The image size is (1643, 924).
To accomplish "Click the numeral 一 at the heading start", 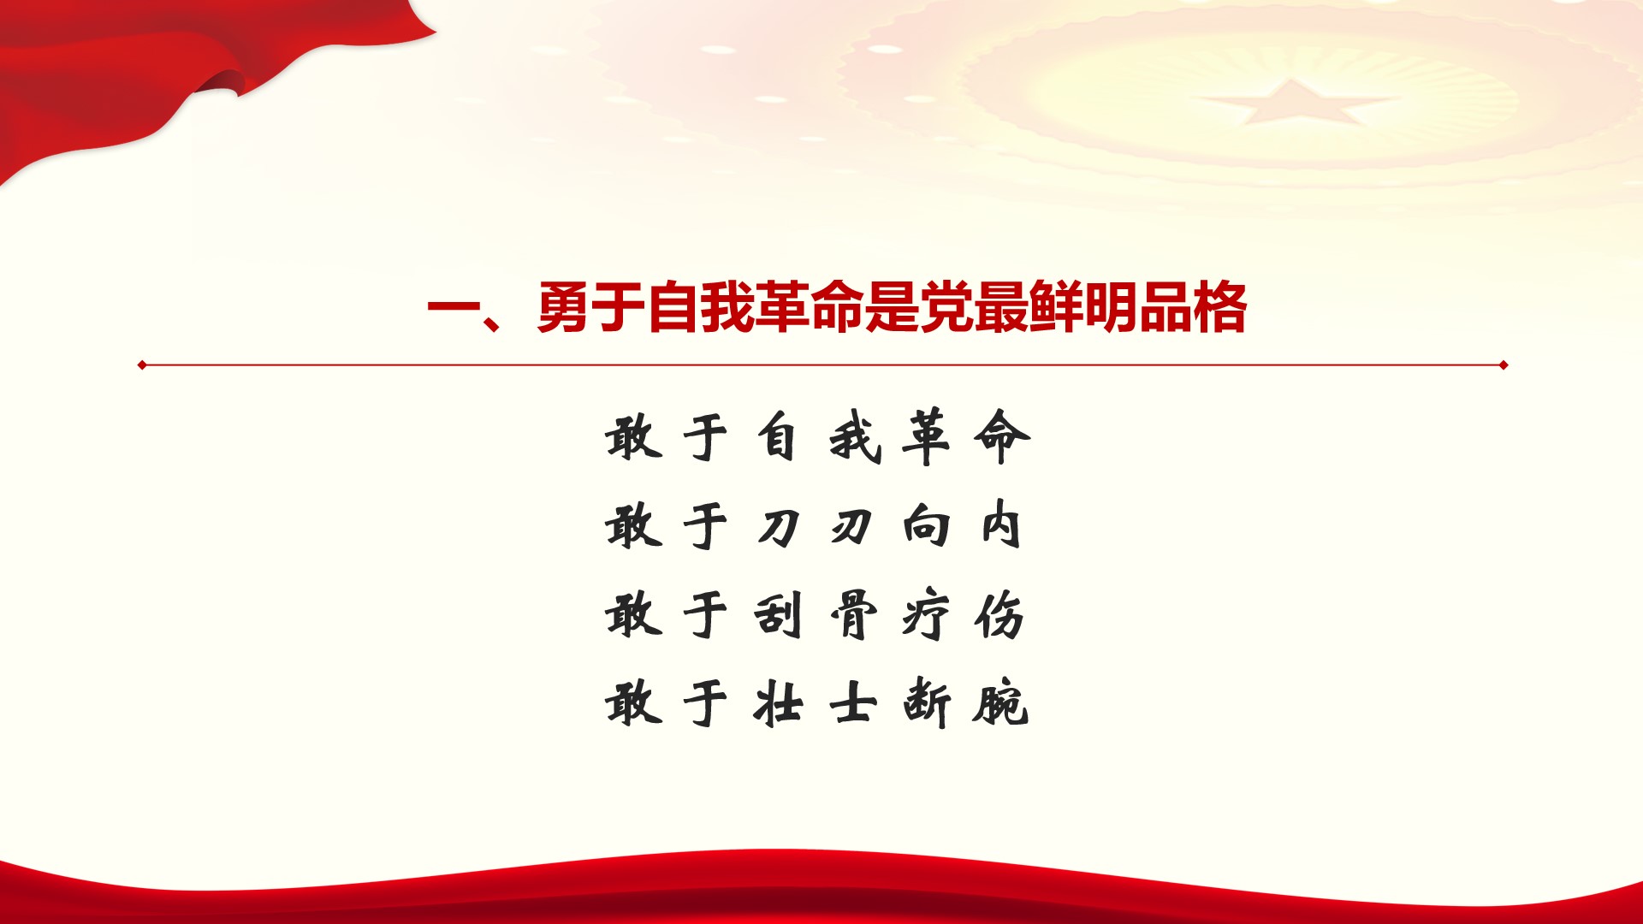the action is tap(454, 308).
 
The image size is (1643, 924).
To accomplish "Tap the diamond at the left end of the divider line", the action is tap(142, 365).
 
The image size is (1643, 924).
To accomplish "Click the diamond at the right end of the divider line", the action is tap(1504, 365).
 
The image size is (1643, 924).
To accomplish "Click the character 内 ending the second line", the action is tap(1000, 524).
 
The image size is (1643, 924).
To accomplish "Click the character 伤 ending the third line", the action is tap(999, 615).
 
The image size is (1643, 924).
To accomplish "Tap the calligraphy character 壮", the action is tap(779, 703).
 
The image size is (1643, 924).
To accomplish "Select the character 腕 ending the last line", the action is tap(999, 703).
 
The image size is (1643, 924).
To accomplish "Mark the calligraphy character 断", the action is tap(927, 703).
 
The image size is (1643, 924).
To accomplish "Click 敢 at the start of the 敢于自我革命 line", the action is tap(634, 437).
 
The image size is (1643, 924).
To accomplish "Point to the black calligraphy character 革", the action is tap(926, 437).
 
